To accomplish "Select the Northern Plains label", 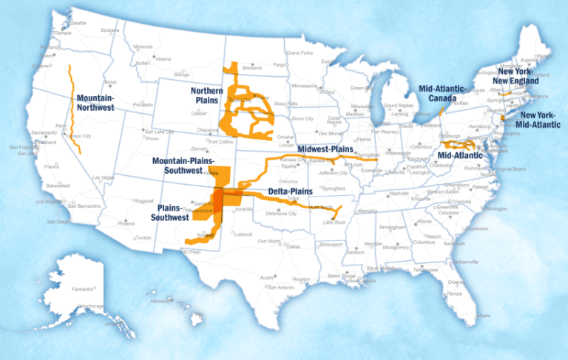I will [206, 95].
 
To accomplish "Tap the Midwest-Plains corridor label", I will [326, 149].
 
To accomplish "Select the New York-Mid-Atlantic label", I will [539, 120].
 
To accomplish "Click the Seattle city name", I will [78, 24].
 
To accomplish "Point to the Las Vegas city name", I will [104, 177].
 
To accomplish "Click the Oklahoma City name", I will [283, 214].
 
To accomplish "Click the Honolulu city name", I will [160, 302].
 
